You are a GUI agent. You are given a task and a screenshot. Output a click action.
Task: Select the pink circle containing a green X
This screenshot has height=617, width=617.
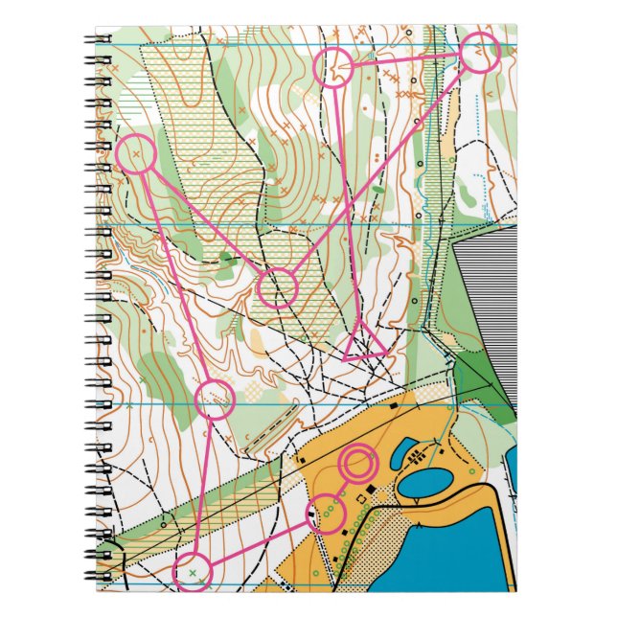(x=192, y=572)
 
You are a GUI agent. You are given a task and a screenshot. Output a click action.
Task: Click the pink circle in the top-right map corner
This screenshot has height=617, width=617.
(x=479, y=52)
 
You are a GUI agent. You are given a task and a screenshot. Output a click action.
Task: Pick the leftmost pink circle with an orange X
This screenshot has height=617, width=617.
(x=136, y=154)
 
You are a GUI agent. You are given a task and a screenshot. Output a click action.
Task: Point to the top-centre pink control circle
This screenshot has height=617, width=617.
(x=334, y=68)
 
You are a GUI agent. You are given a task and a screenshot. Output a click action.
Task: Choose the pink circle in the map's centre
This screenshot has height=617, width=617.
(x=278, y=287)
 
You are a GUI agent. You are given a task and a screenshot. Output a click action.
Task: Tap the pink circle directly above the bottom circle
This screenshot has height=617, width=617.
(x=215, y=400)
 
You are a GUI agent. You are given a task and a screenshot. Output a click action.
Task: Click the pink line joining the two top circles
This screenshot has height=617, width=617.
(x=406, y=59)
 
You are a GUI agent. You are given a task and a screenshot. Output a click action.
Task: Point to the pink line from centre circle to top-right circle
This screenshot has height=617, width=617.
(x=383, y=164)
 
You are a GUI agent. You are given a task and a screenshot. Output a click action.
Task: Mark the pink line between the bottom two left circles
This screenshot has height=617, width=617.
(x=203, y=486)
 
